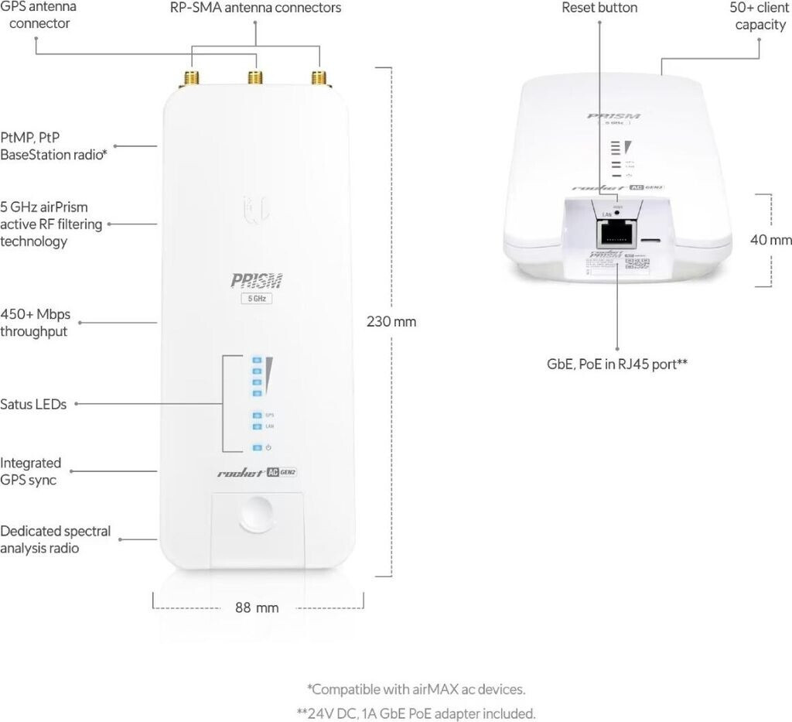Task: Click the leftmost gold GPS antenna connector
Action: [189, 77]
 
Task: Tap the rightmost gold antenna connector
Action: [317, 77]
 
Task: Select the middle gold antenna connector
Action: [253, 77]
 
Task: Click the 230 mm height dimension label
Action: [391, 321]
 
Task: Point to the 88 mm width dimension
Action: [257, 607]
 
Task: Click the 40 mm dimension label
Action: [770, 240]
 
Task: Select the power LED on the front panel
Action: [256, 447]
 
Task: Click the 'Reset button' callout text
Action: [599, 8]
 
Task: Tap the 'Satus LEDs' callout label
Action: [33, 404]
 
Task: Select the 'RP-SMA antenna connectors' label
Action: [255, 8]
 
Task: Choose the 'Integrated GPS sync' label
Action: [31, 471]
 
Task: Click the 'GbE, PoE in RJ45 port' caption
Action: [617, 361]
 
